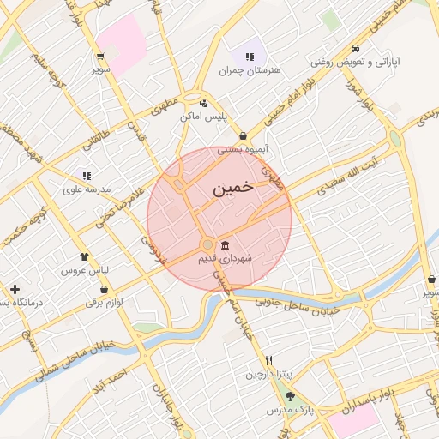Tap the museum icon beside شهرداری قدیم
pyautogui.click(x=225, y=245)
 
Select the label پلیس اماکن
pyautogui.click(x=202, y=116)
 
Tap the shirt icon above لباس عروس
pyautogui.click(x=84, y=256)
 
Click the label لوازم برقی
pyautogui.click(x=104, y=302)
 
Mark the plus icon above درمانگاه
pyautogui.click(x=15, y=289)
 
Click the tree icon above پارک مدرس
pyautogui.click(x=290, y=397)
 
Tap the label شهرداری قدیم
pyautogui.click(x=224, y=257)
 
